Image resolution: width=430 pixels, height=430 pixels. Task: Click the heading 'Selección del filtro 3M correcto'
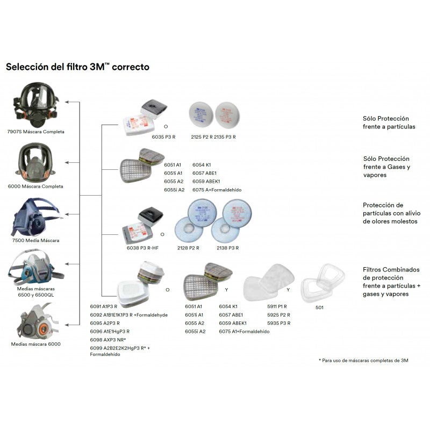(77, 67)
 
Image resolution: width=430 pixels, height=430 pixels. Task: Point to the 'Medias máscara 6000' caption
(36, 344)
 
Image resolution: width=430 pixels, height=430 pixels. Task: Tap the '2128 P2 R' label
(188, 248)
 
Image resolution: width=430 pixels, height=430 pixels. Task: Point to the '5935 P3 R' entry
(278, 323)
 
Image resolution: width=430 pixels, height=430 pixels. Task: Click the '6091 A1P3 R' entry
(104, 306)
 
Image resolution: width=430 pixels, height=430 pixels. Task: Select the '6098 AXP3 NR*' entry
(108, 340)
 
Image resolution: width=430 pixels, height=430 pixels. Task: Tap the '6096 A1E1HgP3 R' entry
(110, 331)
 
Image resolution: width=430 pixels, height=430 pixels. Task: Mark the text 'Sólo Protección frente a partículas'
(386, 122)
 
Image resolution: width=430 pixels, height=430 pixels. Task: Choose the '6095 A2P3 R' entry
(104, 323)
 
